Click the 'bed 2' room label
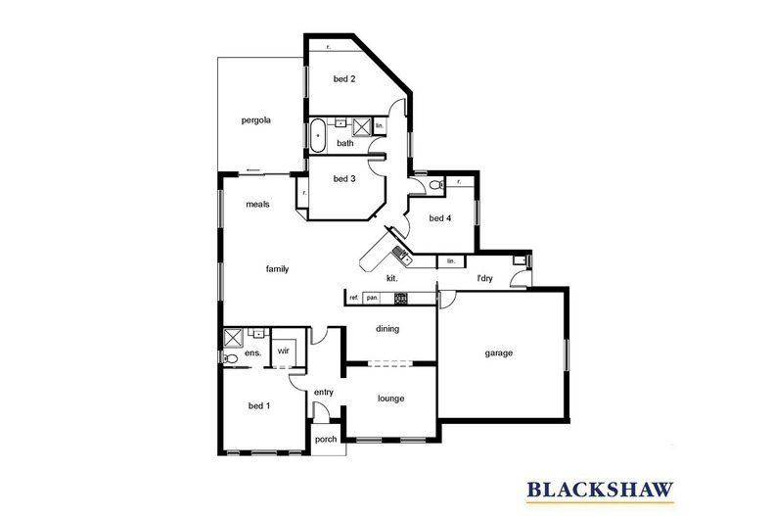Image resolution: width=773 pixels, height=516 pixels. pos(344,79)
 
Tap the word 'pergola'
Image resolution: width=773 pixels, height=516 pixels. pos(255,120)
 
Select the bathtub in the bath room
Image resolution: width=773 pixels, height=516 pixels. pos(318,136)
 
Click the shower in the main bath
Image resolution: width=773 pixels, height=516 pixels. pos(362,126)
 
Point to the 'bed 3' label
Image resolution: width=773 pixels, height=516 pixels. pos(344,178)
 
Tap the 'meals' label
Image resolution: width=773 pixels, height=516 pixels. pos(258,205)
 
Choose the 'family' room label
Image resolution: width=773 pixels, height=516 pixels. pos(277,269)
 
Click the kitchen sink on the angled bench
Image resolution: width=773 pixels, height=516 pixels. pos(400,254)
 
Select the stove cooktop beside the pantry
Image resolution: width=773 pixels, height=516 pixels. pos(401,298)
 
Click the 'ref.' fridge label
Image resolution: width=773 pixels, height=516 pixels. pos(353,298)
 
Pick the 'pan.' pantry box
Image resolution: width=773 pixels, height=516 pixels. pos(372,298)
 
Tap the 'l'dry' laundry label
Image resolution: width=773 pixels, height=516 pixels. pos(484,278)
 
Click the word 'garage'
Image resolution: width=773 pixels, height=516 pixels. pos(498,353)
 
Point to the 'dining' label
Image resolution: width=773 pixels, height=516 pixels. pos(387,329)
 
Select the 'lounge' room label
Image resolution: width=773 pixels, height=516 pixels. pos(391,399)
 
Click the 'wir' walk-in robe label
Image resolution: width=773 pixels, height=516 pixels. pos(283,351)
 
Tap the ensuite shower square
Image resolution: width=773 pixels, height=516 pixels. pos(233,338)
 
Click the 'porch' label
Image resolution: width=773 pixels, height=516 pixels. pos(326,439)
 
